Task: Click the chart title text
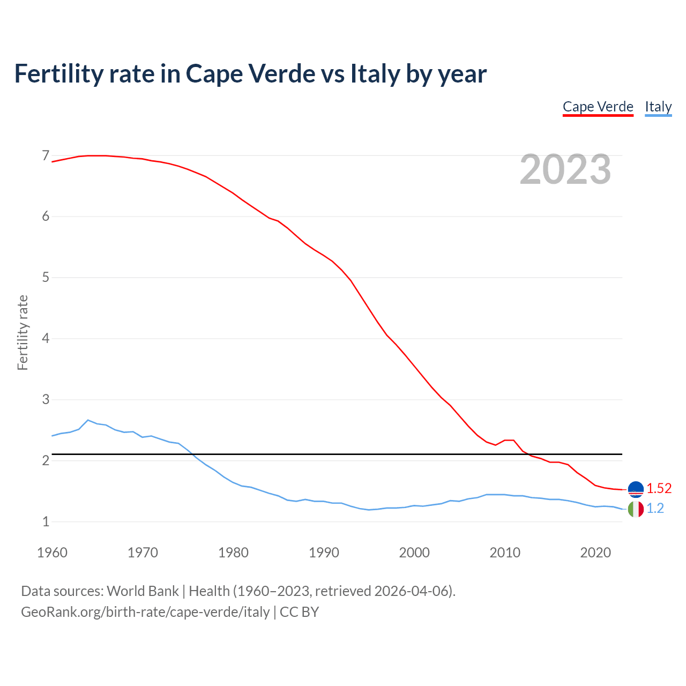pyautogui.click(x=250, y=73)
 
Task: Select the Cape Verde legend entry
pyautogui.click(x=598, y=107)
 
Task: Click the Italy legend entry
pyautogui.click(x=658, y=107)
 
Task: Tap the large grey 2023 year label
pyautogui.click(x=565, y=169)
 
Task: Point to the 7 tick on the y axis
pyautogui.click(x=46, y=156)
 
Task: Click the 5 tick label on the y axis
pyautogui.click(x=46, y=278)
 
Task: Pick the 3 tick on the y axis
pyautogui.click(x=46, y=400)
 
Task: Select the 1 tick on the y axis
pyautogui.click(x=46, y=521)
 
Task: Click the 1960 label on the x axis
pyautogui.click(x=52, y=553)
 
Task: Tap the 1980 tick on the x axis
pyautogui.click(x=233, y=553)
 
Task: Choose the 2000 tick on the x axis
pyautogui.click(x=414, y=553)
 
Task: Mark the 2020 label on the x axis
pyautogui.click(x=595, y=553)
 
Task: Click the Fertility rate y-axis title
pyautogui.click(x=23, y=332)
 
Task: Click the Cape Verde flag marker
pyautogui.click(x=636, y=489)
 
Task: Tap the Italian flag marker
pyautogui.click(x=636, y=509)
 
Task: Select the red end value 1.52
pyautogui.click(x=659, y=488)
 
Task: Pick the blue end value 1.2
pyautogui.click(x=655, y=509)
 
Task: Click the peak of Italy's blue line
pyautogui.click(x=88, y=420)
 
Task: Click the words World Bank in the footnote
pyautogui.click(x=143, y=591)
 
